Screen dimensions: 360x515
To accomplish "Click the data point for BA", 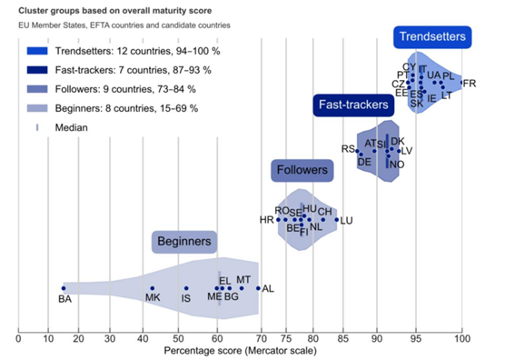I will tap(64, 288).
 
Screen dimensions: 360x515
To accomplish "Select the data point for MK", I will tap(152, 288).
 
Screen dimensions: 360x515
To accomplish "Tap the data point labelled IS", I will tap(185, 288).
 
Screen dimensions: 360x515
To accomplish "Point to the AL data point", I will tap(258, 288).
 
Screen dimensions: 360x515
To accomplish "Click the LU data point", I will tap(337, 219).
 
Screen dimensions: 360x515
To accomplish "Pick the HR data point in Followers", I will tap(279, 219).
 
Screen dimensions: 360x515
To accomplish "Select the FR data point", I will tap(461, 83).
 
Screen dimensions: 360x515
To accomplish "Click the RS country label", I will tap(348, 148).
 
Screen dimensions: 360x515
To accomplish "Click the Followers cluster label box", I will tap(302, 170).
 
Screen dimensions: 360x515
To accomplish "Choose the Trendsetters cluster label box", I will tap(432, 37).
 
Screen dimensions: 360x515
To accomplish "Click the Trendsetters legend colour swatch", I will tap(36, 51).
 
